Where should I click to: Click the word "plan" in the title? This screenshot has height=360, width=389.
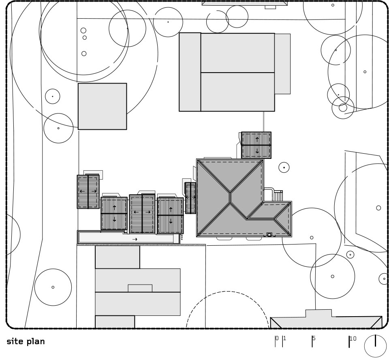(36, 342)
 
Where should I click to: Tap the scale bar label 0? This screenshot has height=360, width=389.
(277, 338)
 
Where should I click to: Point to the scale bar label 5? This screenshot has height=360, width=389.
(314, 338)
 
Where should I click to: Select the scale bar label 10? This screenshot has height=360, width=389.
(353, 339)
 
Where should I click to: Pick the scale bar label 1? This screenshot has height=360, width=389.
(284, 338)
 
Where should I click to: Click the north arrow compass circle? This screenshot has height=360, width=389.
(364, 346)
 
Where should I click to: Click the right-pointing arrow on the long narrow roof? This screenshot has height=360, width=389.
(135, 239)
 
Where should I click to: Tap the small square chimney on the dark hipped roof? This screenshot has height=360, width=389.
(269, 235)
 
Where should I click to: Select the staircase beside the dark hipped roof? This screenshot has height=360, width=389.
(278, 196)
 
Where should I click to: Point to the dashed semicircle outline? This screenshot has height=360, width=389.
(227, 291)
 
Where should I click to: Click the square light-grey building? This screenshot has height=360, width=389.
(102, 106)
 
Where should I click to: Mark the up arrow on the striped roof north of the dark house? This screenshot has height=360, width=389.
(257, 139)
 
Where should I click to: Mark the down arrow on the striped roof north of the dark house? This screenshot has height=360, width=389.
(257, 151)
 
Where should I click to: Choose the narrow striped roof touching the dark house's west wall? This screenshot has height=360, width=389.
(190, 198)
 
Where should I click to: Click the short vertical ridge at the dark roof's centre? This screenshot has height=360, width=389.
(230, 198)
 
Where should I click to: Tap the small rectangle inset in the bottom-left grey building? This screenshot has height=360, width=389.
(140, 288)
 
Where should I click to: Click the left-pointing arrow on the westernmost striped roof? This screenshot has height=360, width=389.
(81, 191)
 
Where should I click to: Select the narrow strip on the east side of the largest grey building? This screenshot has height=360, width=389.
(282, 64)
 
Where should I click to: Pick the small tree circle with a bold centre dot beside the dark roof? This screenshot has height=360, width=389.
(284, 167)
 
